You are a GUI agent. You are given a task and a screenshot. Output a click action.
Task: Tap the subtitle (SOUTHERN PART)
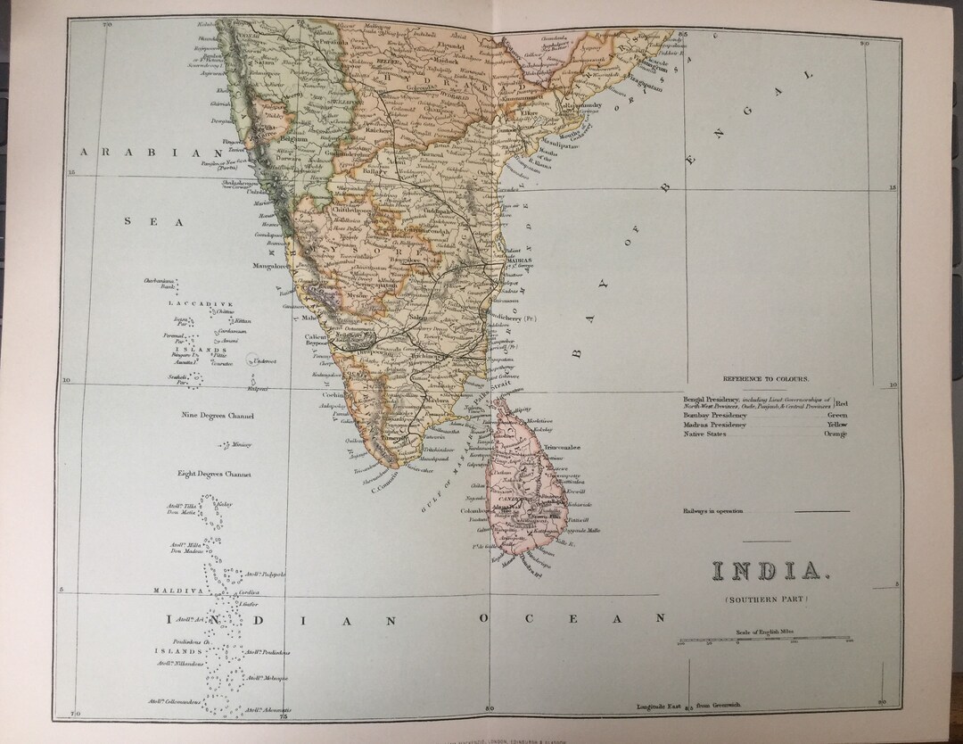(766, 598)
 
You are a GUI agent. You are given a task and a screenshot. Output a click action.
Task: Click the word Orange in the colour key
(836, 434)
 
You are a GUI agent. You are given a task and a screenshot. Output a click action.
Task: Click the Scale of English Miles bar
(765, 640)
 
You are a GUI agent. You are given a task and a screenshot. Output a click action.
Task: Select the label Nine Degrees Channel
(218, 416)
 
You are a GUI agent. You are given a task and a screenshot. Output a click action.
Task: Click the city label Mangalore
(272, 266)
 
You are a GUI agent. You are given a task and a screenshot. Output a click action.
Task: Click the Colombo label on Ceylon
(473, 511)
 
